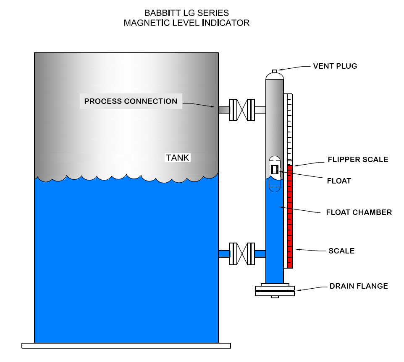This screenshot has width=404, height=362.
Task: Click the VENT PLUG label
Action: tap(335, 66)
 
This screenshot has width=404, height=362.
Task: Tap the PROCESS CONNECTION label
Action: tap(131, 101)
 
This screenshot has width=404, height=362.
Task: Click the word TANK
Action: tap(178, 158)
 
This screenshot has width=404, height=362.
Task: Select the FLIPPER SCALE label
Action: tap(358, 160)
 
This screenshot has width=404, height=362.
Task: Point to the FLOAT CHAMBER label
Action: tap(359, 212)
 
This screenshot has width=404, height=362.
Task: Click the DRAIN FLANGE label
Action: tap(359, 286)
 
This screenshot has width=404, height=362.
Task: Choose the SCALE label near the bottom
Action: tap(341, 251)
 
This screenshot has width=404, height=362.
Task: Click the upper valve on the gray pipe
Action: tap(242, 110)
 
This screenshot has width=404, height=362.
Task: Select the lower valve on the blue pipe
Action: tap(242, 253)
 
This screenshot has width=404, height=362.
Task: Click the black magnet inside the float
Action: tap(275, 169)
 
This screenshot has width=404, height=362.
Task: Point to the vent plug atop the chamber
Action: tap(275, 71)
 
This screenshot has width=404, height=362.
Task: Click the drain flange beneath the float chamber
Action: tap(275, 290)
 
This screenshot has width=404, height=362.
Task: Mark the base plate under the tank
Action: tap(126, 346)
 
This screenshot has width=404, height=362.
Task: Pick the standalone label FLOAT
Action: tap(338, 181)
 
